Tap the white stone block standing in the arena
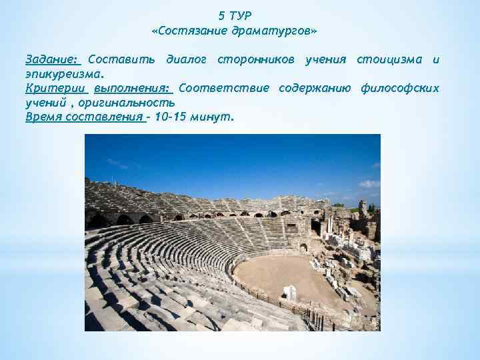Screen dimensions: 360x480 289,292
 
